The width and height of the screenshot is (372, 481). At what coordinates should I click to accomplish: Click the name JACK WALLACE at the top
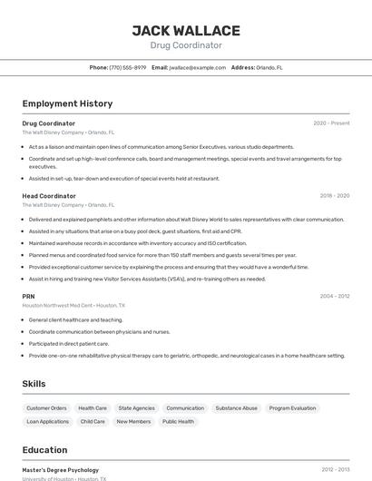click(x=185, y=30)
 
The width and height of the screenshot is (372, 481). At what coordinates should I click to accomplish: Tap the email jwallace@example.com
click(x=197, y=67)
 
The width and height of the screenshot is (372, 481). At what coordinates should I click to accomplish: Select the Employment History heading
click(x=67, y=103)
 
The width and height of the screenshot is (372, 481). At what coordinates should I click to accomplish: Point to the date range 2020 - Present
click(x=331, y=123)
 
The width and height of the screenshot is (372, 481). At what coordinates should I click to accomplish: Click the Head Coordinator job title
click(x=49, y=196)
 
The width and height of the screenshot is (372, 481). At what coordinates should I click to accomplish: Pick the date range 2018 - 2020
click(x=334, y=196)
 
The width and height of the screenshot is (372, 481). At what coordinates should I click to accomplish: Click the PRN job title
click(x=28, y=297)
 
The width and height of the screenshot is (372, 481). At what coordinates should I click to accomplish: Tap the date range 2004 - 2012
click(x=334, y=297)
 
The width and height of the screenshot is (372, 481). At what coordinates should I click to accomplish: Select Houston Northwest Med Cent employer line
click(x=73, y=306)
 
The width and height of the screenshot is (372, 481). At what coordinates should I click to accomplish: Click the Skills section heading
click(x=34, y=384)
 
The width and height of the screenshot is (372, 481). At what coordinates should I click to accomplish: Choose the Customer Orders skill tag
click(x=46, y=408)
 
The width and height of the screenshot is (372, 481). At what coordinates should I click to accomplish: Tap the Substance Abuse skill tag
click(x=237, y=408)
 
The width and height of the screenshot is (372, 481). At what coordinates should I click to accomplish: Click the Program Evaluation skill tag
click(x=292, y=408)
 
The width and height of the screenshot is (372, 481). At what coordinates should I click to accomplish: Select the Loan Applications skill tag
click(x=48, y=421)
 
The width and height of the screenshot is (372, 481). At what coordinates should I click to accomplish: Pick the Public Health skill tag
click(x=178, y=421)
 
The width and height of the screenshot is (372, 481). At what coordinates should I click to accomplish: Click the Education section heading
click(x=44, y=450)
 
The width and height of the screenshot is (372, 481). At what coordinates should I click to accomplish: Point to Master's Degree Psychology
click(x=60, y=469)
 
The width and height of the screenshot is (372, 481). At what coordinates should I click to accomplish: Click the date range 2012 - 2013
click(x=335, y=469)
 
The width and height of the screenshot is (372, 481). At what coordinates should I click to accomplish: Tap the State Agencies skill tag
click(x=137, y=408)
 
